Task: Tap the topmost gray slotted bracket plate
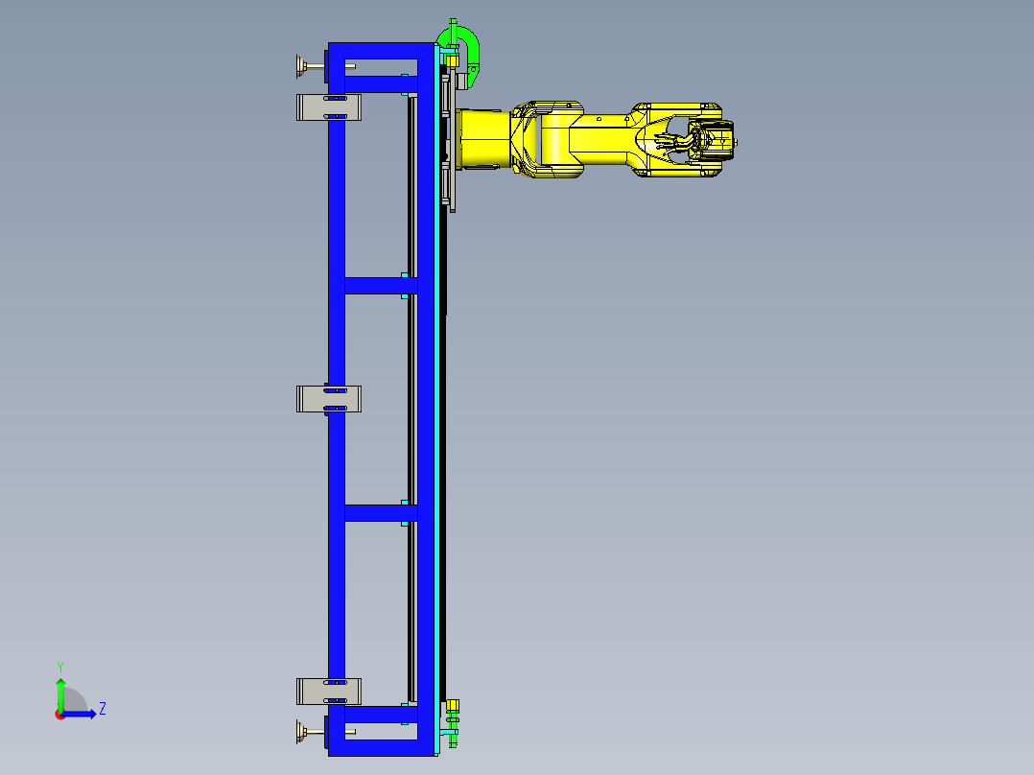(328, 106)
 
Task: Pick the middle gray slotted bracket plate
(328, 399)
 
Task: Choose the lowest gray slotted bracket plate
(328, 691)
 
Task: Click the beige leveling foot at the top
(302, 65)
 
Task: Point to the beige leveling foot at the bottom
(303, 734)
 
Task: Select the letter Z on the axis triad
(102, 709)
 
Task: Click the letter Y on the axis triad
(59, 666)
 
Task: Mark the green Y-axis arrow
(59, 693)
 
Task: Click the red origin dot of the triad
(59, 715)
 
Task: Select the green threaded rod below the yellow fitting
(453, 735)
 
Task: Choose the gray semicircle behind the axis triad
(76, 701)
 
